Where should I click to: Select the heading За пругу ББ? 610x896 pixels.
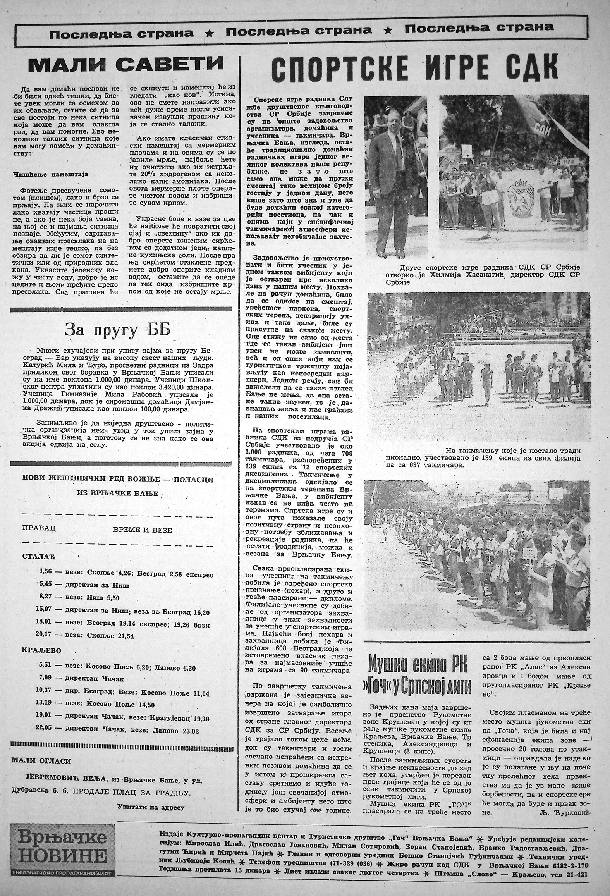tap(117, 330)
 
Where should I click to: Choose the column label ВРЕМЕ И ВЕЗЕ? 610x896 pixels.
tap(143, 530)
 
